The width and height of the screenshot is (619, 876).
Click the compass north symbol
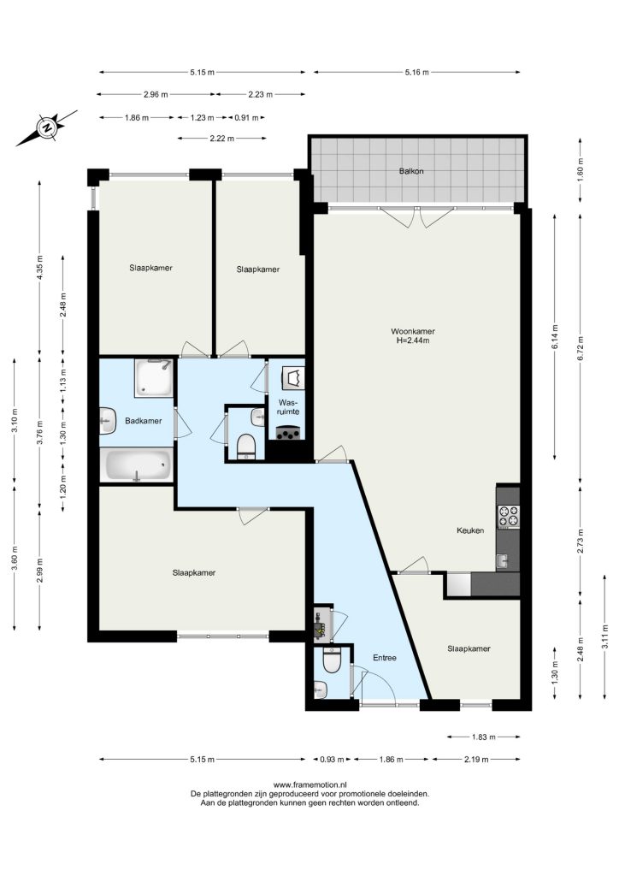pos(47,128)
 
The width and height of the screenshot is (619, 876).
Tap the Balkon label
pos(410,171)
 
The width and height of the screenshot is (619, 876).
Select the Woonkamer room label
pos(412,331)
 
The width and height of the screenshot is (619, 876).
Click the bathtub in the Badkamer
pos(138,465)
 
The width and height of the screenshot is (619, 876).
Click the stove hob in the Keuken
pos(509,516)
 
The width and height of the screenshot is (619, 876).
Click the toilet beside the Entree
pos(333,661)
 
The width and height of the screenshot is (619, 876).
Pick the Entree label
pos(385,658)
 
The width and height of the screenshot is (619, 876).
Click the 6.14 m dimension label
pos(555,337)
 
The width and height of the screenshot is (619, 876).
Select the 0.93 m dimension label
pos(327,760)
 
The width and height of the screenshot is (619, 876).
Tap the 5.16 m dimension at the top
pos(417,72)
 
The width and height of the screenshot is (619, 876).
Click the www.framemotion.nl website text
pos(309,785)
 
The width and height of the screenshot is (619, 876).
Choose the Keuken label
pos(470,530)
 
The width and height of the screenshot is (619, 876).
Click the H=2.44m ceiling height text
pos(412,340)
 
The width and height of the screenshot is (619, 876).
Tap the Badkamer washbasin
pos(108,420)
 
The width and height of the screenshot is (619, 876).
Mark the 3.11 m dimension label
pos(605,636)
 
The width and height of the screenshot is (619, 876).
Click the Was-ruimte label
pos(289,406)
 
